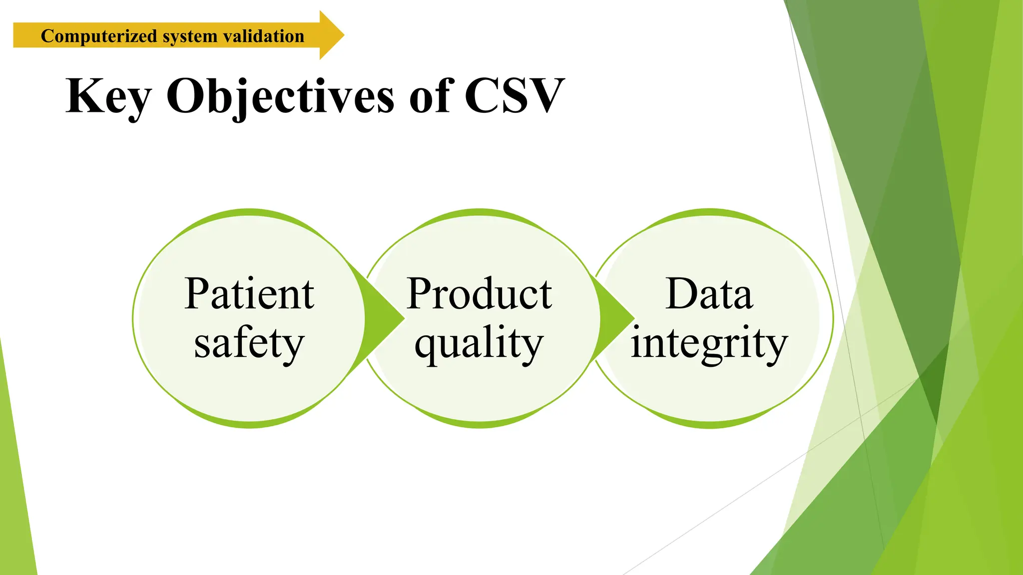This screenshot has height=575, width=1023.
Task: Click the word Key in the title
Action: (x=108, y=96)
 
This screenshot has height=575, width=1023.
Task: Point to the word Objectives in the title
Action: (x=280, y=96)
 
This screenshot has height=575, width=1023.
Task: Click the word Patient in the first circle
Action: (x=249, y=294)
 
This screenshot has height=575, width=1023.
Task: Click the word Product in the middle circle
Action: (x=479, y=294)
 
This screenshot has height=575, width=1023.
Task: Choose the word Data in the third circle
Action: (x=709, y=294)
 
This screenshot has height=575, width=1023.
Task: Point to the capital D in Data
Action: (x=681, y=294)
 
